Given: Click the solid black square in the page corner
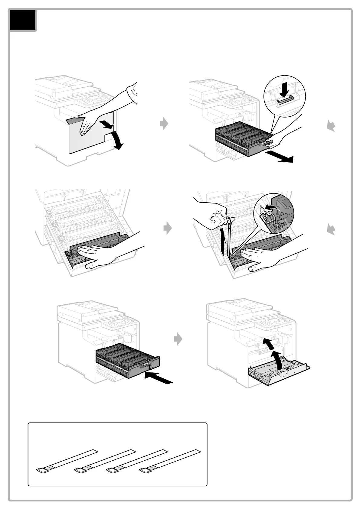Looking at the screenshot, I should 23,20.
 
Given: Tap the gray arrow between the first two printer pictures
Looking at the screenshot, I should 164,123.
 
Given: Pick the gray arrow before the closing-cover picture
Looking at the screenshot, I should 178,339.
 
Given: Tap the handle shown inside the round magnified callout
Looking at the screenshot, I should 285,100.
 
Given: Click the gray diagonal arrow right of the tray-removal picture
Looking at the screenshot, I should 331,125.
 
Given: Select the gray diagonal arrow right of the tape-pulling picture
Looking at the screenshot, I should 331,230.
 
